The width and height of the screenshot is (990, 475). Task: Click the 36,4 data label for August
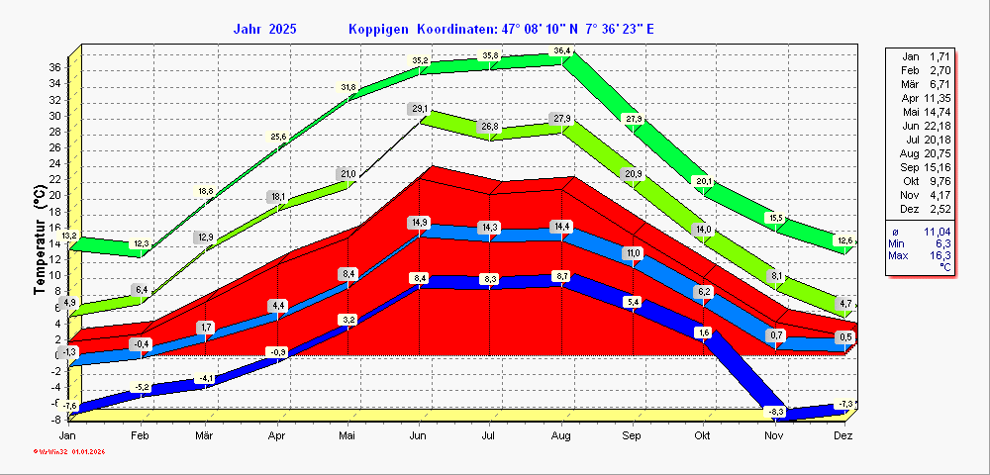562,50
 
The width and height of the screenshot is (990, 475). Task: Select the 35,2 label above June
420,61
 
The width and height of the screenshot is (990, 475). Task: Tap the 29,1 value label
420,109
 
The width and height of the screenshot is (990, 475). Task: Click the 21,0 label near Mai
347,174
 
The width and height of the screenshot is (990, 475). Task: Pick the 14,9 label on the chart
420,223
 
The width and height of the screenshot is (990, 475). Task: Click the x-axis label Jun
419,435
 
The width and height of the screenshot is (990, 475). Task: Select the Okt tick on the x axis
703,435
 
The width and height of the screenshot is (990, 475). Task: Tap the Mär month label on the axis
205,435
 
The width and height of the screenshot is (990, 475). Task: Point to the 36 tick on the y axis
55,67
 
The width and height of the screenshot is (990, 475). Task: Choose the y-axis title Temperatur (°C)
40,243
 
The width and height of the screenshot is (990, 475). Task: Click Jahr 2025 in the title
265,29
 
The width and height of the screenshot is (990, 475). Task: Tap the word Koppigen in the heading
378,29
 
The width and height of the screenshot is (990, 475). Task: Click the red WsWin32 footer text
69,452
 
